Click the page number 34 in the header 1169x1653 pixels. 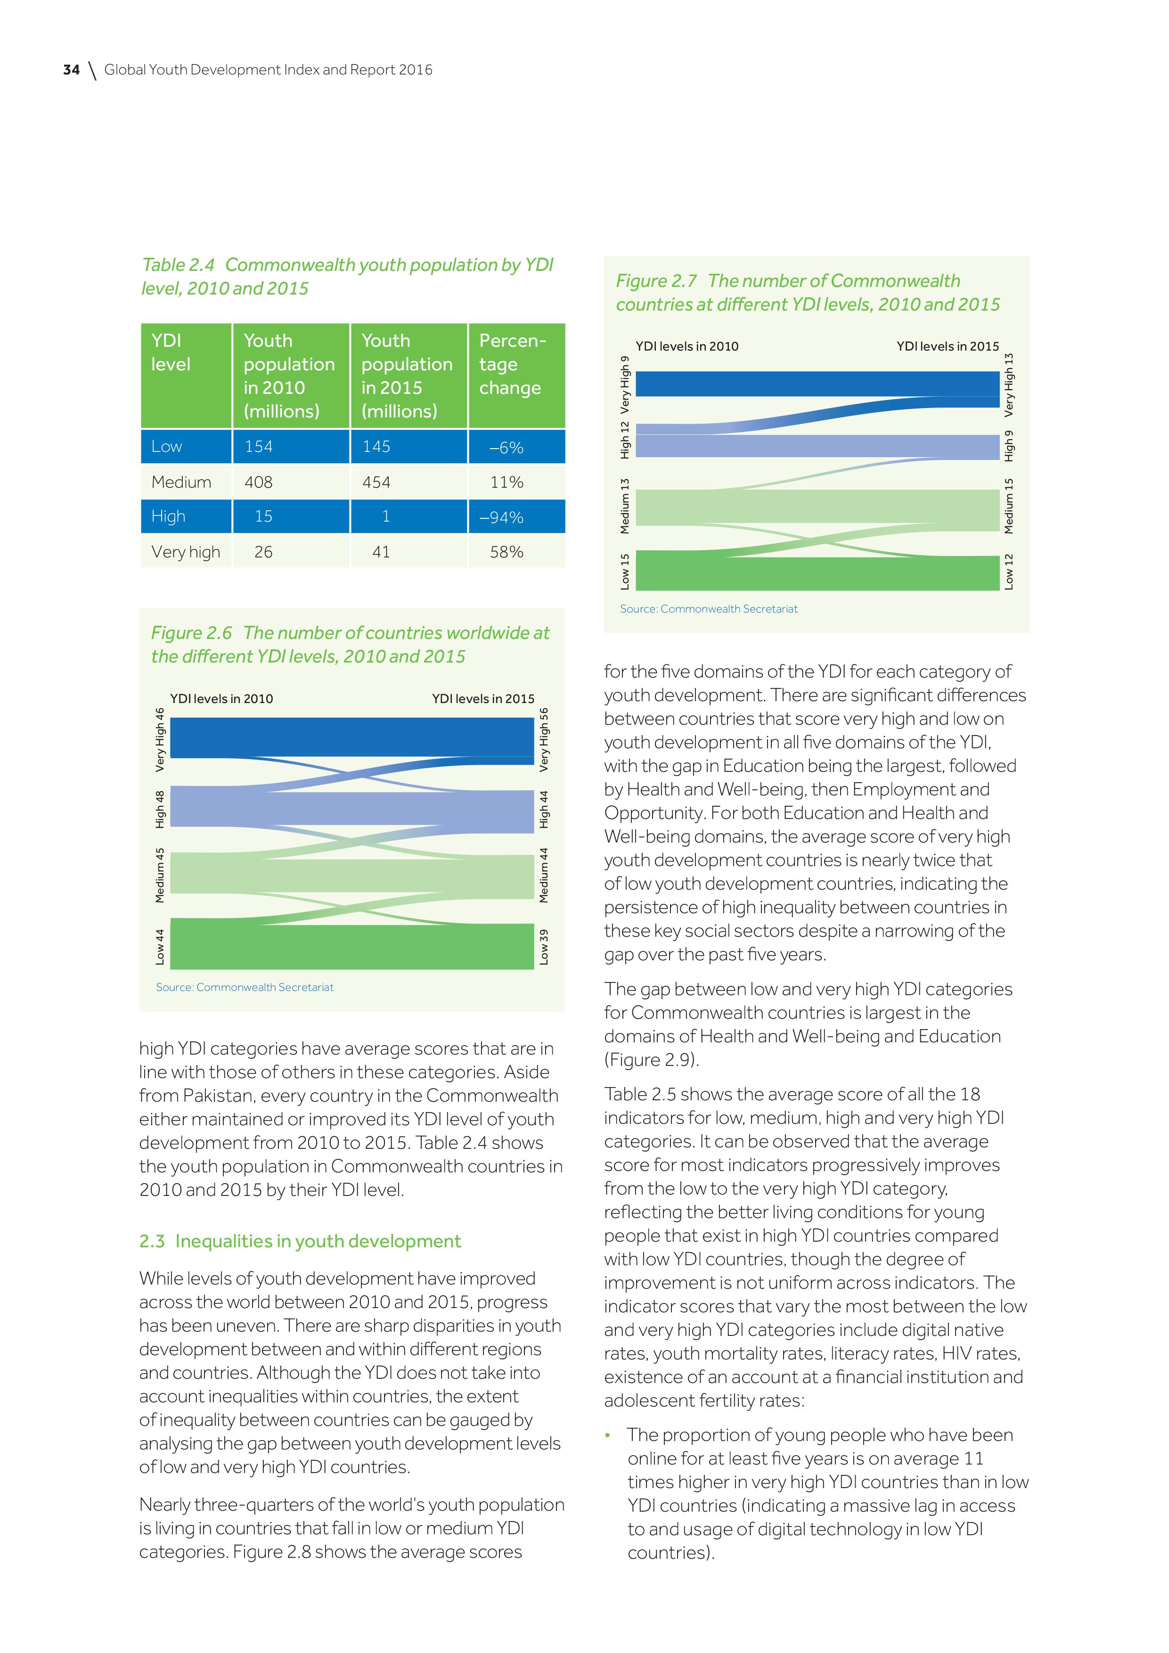point(71,70)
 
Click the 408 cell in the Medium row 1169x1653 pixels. point(258,483)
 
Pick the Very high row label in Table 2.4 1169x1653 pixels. point(186,552)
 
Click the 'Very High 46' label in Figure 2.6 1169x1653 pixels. point(160,739)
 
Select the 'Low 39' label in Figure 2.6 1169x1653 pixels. point(544,947)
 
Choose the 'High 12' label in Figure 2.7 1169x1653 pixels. point(625,439)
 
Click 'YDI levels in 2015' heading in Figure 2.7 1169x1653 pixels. point(947,346)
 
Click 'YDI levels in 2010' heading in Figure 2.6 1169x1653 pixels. point(222,698)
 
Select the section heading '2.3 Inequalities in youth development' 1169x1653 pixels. point(300,1241)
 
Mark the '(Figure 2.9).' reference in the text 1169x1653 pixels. point(652,1060)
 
